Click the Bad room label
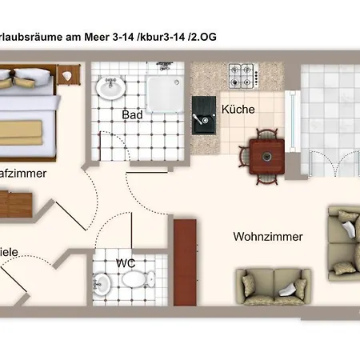click(132, 115)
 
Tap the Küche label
click(238, 110)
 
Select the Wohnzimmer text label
click(267, 237)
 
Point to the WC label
click(125, 262)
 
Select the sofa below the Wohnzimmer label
click(272, 286)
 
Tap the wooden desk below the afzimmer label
click(14, 202)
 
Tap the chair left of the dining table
click(245, 156)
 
